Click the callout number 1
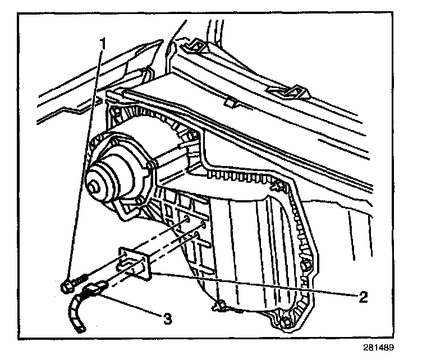[102, 43]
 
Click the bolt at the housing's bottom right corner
[287, 322]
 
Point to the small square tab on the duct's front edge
[228, 103]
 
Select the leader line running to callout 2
[253, 283]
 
